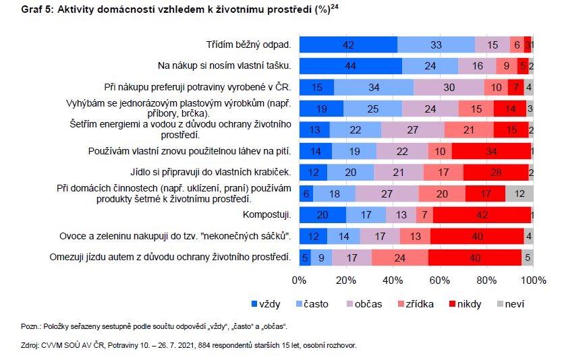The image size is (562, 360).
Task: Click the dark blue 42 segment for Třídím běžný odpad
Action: pyautogui.click(x=348, y=45)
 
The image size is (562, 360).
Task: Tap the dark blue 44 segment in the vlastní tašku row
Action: pyautogui.click(x=350, y=66)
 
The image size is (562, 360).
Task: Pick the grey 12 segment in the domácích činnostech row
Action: pyautogui.click(x=519, y=193)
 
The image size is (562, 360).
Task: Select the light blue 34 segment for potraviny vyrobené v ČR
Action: pyautogui.click(x=373, y=88)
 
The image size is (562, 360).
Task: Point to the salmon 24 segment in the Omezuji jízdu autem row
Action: pyautogui.click(x=399, y=257)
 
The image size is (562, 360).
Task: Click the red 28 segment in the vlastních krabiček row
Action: pyautogui.click(x=495, y=173)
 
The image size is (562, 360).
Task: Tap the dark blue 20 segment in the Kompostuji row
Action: pyautogui.click(x=322, y=215)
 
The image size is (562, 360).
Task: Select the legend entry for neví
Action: pyautogui.click(x=512, y=304)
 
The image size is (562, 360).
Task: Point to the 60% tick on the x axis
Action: pyautogui.click(x=440, y=280)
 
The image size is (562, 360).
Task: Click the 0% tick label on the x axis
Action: pyautogui.click(x=300, y=280)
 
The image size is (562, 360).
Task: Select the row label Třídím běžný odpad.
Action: pyautogui.click(x=248, y=45)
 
